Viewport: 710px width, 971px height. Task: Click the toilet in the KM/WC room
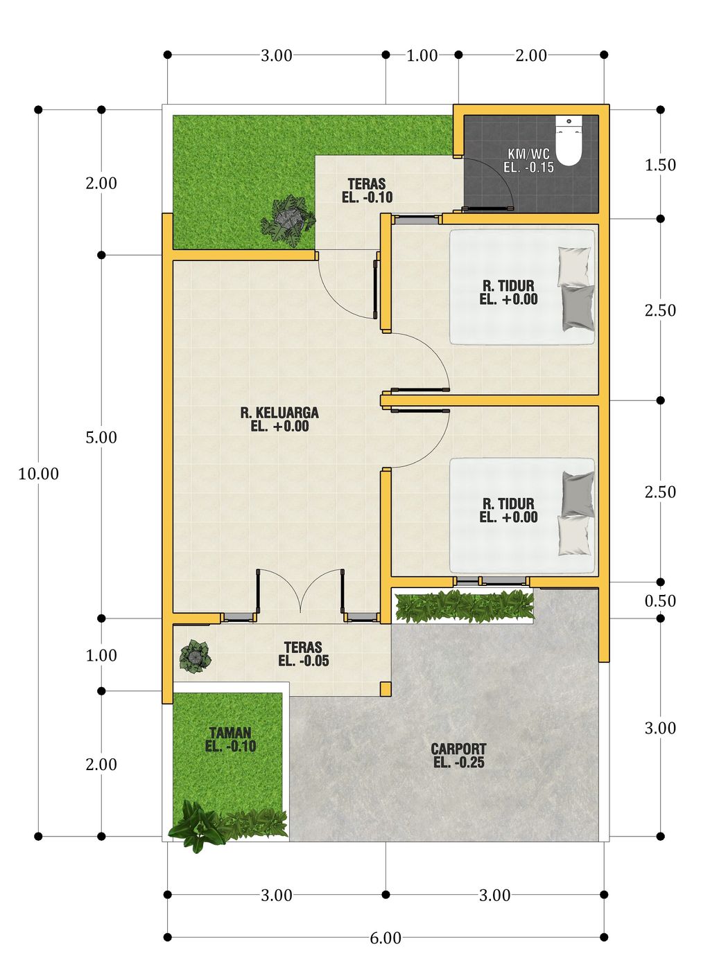pos(569,141)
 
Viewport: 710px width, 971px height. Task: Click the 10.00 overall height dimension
pos(38,474)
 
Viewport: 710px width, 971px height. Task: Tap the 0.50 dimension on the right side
pos(660,600)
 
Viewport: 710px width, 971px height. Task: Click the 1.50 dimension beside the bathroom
pos(660,165)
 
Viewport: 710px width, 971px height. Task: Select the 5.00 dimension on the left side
pos(101,438)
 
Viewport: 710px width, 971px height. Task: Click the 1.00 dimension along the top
pos(422,55)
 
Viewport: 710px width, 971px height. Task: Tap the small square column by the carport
pos(386,688)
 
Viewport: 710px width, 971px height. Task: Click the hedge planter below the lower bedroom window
pos(465,606)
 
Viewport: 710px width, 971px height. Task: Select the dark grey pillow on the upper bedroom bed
pos(578,308)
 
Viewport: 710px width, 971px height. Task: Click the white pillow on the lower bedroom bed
pos(575,536)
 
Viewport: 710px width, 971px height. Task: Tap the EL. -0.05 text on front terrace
pos(304,661)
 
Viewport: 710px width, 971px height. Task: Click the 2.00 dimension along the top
pos(531,55)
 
